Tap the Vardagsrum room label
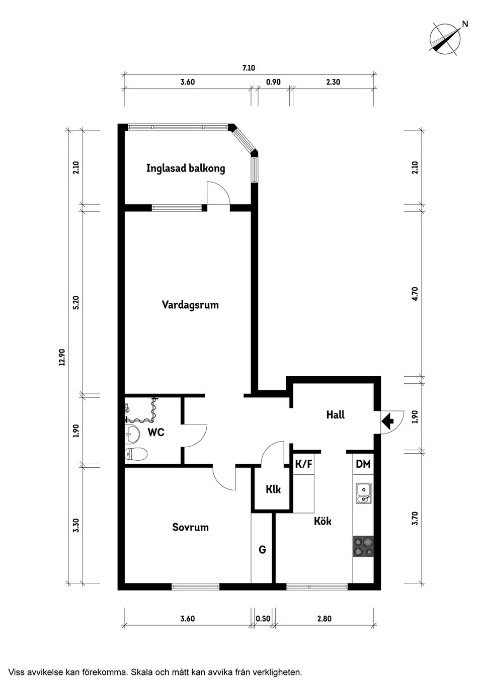[x=190, y=305]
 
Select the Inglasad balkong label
[x=186, y=168]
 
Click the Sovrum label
[x=190, y=527]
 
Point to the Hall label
[x=336, y=415]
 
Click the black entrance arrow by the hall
[x=387, y=420]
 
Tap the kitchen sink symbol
[x=363, y=493]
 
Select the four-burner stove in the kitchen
[x=363, y=547]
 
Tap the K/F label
[x=303, y=464]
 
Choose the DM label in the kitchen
[x=363, y=464]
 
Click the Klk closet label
[x=273, y=489]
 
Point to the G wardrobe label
[x=262, y=550]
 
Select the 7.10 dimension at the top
[x=249, y=68]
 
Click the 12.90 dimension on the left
[x=62, y=356]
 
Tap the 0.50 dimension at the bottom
[x=262, y=619]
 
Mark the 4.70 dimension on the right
[x=415, y=293]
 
